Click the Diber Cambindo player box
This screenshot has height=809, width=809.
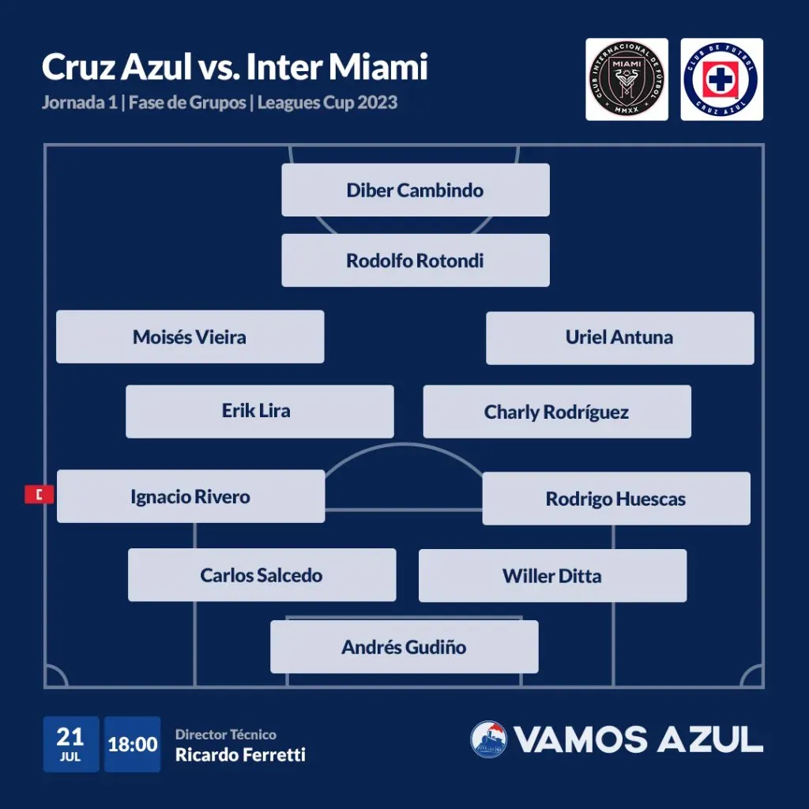[416, 190]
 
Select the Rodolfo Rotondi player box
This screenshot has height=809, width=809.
[416, 260]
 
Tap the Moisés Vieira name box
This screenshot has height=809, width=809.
[190, 337]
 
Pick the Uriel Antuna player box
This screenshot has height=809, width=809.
[619, 338]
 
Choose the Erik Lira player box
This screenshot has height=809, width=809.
[259, 411]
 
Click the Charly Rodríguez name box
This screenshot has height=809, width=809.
[557, 412]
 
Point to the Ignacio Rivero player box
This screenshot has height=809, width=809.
[190, 496]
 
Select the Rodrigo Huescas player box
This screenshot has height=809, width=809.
[616, 499]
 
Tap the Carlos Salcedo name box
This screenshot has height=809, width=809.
[262, 575]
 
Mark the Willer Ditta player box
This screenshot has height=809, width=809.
[552, 576]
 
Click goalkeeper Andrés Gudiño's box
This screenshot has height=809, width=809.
[404, 647]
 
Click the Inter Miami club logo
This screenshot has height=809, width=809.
[627, 80]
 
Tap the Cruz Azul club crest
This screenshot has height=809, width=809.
[721, 80]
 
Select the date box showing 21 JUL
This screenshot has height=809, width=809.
[70, 744]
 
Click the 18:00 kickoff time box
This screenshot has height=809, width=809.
[132, 744]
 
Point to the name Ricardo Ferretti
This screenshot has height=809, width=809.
[240, 755]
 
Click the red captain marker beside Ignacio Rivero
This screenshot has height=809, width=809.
[40, 495]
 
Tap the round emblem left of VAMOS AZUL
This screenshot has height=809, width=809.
[488, 739]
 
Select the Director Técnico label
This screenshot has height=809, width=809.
[226, 735]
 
